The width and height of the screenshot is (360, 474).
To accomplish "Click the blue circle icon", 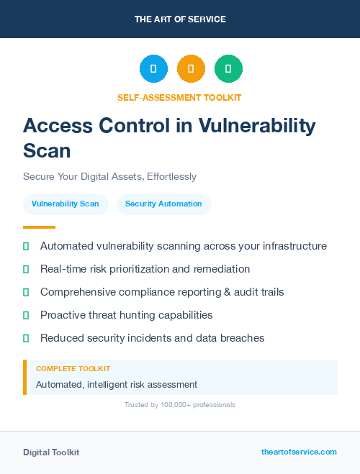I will [x=153, y=68].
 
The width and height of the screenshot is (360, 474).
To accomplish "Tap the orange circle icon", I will [x=191, y=68].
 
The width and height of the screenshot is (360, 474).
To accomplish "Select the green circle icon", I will [x=228, y=68].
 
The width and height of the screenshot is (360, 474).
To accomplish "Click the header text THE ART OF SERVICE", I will [x=180, y=19].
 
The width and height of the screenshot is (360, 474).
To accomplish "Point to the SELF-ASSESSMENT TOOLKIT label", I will [x=179, y=97].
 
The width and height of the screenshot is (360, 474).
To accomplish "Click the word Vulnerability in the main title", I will [x=257, y=126].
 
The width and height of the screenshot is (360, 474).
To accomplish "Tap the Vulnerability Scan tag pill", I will [x=66, y=204].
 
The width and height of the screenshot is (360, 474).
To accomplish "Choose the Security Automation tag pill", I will [x=163, y=204].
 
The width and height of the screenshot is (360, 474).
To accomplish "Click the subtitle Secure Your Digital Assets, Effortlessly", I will [x=109, y=176].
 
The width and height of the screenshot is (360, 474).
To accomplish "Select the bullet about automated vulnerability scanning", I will [x=183, y=246].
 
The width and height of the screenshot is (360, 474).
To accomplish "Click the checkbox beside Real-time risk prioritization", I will [x=26, y=269].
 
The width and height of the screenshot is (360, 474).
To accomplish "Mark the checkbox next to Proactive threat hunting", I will [x=26, y=315].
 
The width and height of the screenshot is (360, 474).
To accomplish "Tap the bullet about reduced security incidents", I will [x=152, y=338].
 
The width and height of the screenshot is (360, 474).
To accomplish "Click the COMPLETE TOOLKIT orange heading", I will [x=73, y=368].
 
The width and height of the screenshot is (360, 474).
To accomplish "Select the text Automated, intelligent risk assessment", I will [x=117, y=385].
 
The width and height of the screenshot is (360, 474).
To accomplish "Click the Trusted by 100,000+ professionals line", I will [x=179, y=405].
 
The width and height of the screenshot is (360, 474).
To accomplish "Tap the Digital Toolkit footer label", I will [x=51, y=452].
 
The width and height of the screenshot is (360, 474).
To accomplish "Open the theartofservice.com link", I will [x=299, y=452].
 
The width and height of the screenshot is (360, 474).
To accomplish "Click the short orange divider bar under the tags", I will [x=39, y=227].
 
